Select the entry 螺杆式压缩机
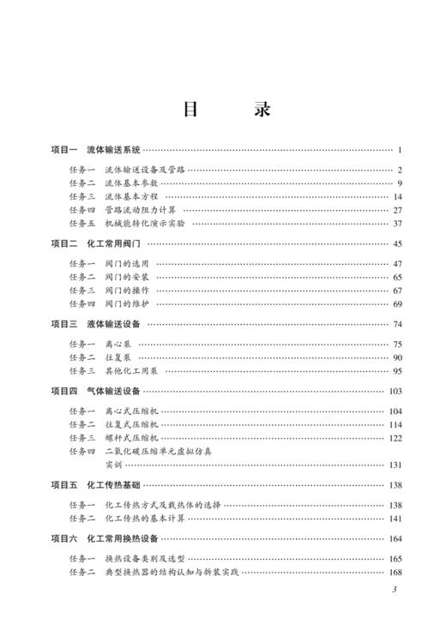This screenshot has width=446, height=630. tap(132, 437)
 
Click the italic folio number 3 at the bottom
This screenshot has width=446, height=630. tap(394, 589)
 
